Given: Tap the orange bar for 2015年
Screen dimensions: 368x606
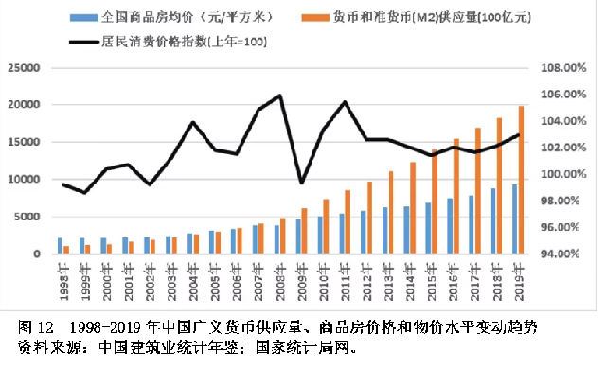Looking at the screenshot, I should coord(435,202).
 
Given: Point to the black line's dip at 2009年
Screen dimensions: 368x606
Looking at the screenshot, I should coord(301,183).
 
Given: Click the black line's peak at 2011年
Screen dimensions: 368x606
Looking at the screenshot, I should coord(345,102).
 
